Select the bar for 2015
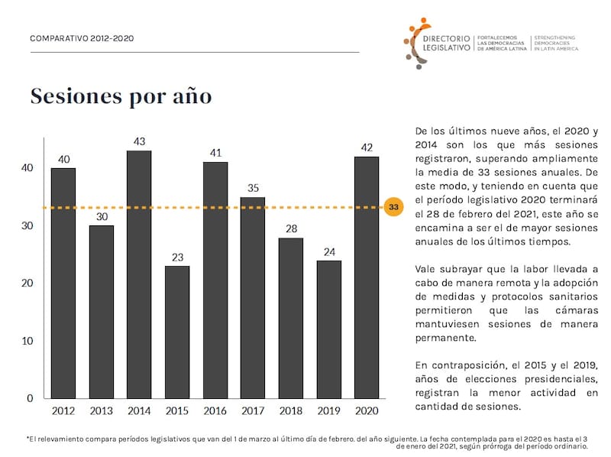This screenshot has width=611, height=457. (176, 332)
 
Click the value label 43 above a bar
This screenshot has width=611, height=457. (139, 141)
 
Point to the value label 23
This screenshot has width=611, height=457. (176, 257)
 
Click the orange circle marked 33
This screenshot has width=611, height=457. (393, 207)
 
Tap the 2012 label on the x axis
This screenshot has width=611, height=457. (63, 411)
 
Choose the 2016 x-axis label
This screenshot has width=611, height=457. (215, 411)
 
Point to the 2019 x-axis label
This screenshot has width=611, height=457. (328, 411)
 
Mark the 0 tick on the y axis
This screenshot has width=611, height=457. (30, 398)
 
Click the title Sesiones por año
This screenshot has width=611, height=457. (121, 97)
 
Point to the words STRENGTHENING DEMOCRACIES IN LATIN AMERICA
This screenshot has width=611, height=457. (555, 43)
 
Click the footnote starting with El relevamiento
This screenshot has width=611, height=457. (305, 442)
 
